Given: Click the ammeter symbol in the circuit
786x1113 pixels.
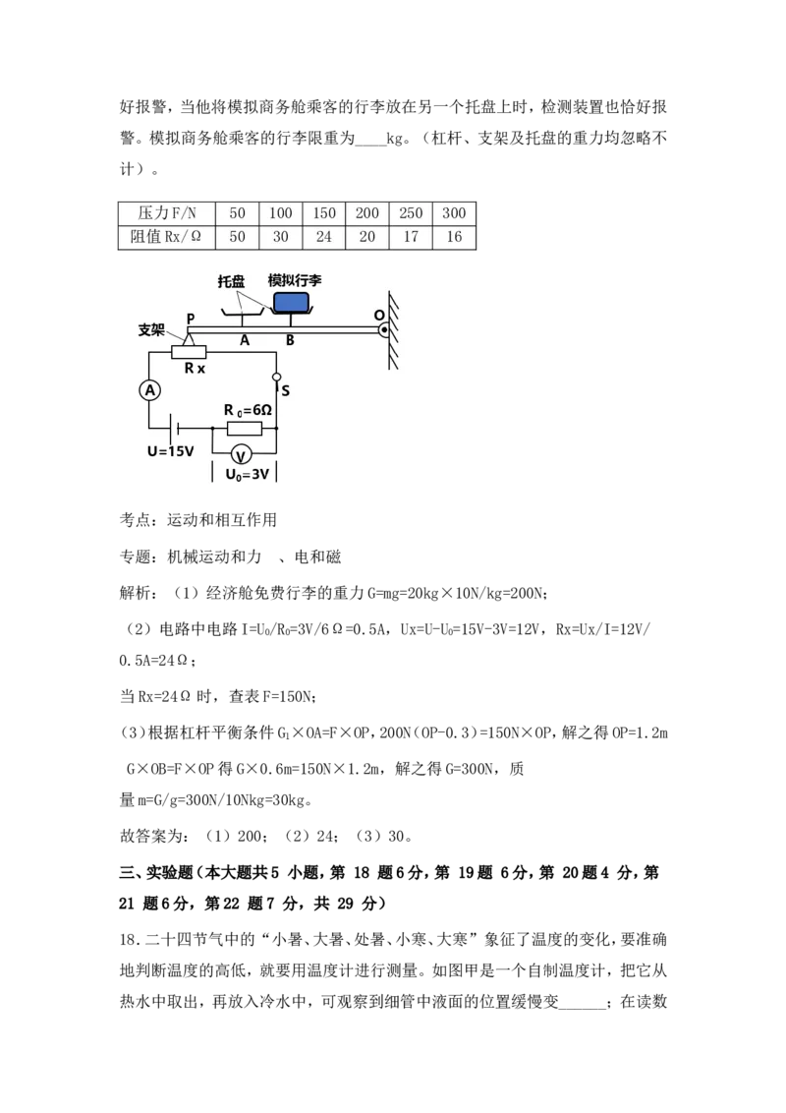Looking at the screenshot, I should click(150, 390).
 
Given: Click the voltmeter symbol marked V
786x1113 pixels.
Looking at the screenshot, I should click(241, 454).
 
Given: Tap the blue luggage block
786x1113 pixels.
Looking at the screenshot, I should click(291, 302).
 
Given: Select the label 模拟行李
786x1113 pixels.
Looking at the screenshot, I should click(295, 280).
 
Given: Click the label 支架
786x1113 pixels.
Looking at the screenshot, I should click(151, 329).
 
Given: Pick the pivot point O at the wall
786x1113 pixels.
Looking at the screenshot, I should click(384, 329).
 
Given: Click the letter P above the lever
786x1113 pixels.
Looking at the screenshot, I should click(191, 319).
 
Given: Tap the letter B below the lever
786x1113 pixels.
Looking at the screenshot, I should click(290, 341).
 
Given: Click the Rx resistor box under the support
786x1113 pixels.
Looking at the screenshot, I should click(189, 352).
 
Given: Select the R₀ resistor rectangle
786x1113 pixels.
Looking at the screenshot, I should click(244, 429).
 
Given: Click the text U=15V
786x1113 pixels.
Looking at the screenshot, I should click(170, 452).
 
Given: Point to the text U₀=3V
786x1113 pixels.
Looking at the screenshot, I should click(247, 474).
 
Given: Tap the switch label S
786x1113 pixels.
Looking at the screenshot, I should click(285, 390).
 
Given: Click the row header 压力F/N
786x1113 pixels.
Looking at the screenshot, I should click(167, 213).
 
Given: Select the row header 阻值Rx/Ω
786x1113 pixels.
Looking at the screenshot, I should click(167, 237).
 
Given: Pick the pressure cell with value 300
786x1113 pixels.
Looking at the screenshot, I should click(454, 213).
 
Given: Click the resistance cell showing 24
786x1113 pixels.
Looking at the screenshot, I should click(323, 237).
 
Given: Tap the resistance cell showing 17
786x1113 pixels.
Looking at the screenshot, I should click(411, 237).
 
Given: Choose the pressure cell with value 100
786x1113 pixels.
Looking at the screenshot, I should click(281, 213).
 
